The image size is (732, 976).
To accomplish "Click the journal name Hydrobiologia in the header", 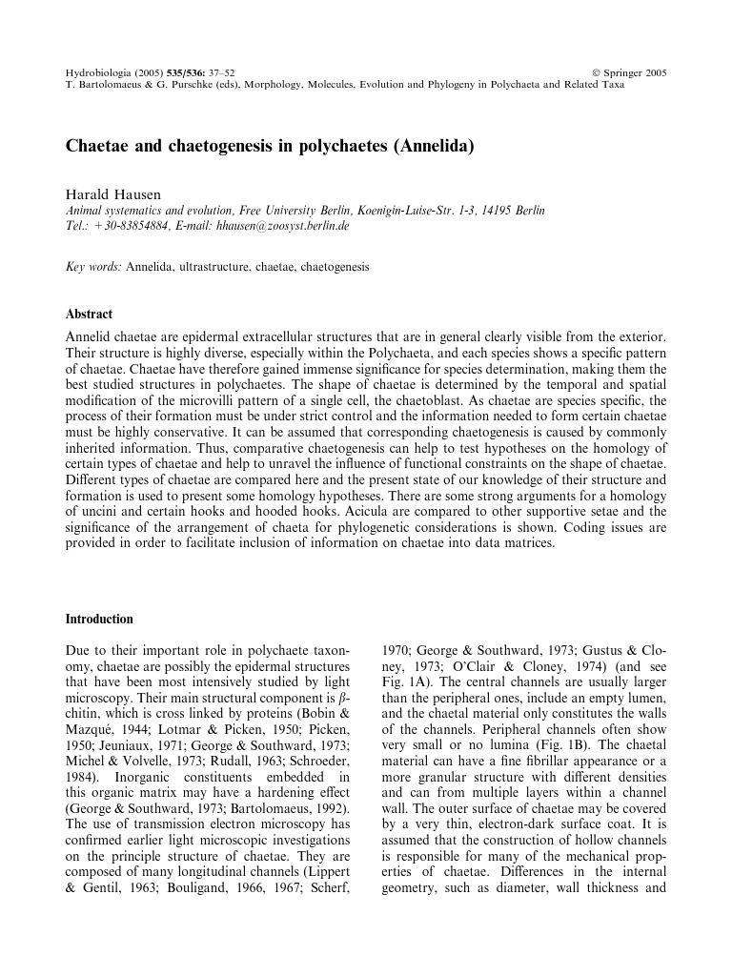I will coord(98,72).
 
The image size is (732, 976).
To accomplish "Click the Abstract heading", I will coord(89,314).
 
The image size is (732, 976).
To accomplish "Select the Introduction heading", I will coord(99,619).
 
